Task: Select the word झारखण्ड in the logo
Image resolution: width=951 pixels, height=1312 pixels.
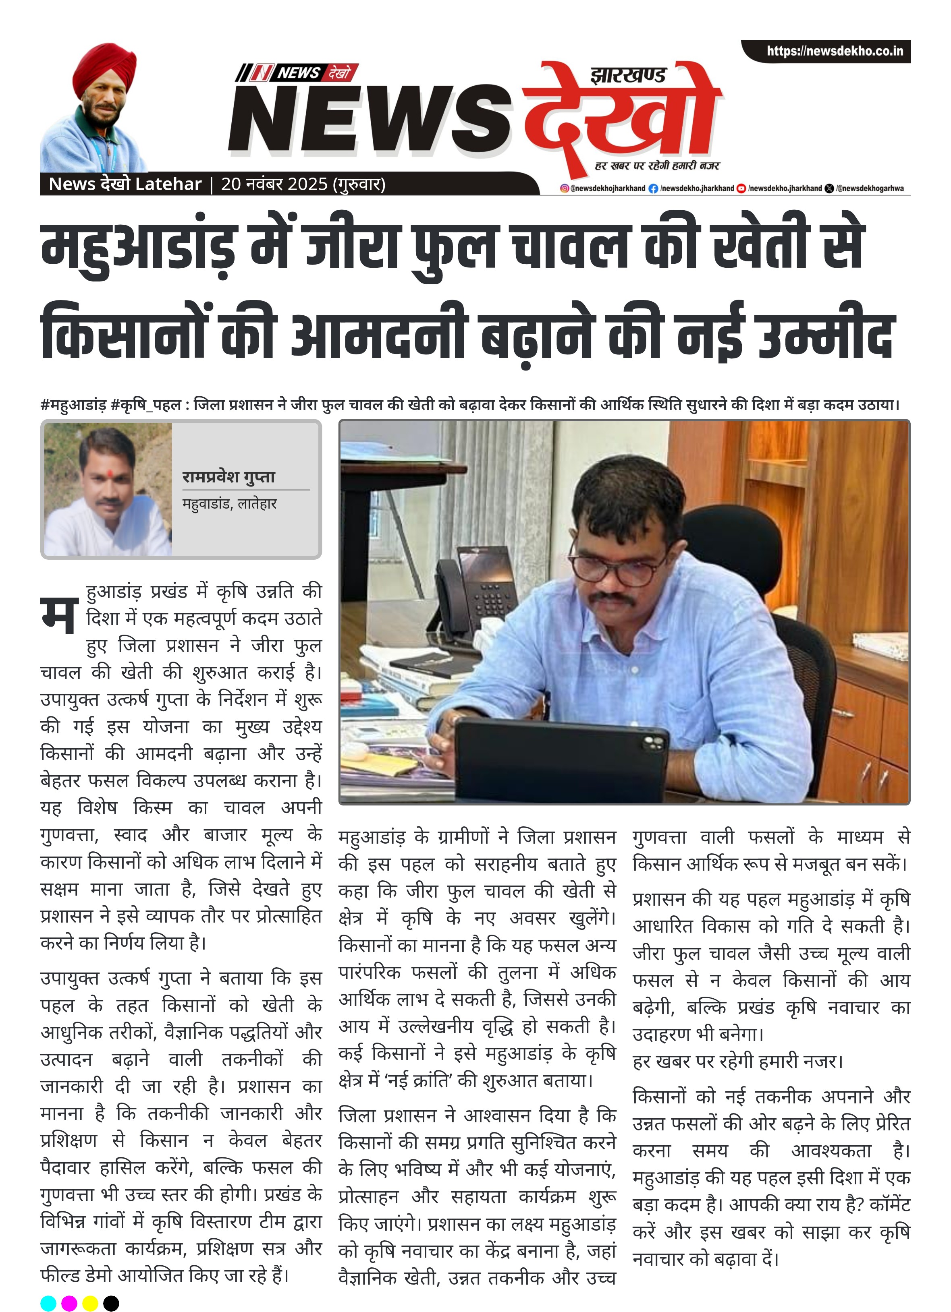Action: coord(627,76)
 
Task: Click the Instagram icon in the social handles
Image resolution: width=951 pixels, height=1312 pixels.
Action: coord(564,188)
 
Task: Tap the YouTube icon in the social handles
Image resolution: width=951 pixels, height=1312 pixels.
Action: coord(741,188)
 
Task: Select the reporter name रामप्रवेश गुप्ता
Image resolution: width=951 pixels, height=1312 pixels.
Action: coord(228,477)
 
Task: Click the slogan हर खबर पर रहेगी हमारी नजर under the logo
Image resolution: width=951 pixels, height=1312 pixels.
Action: coord(657,166)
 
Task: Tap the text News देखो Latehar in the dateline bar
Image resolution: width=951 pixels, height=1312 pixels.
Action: coord(125,184)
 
